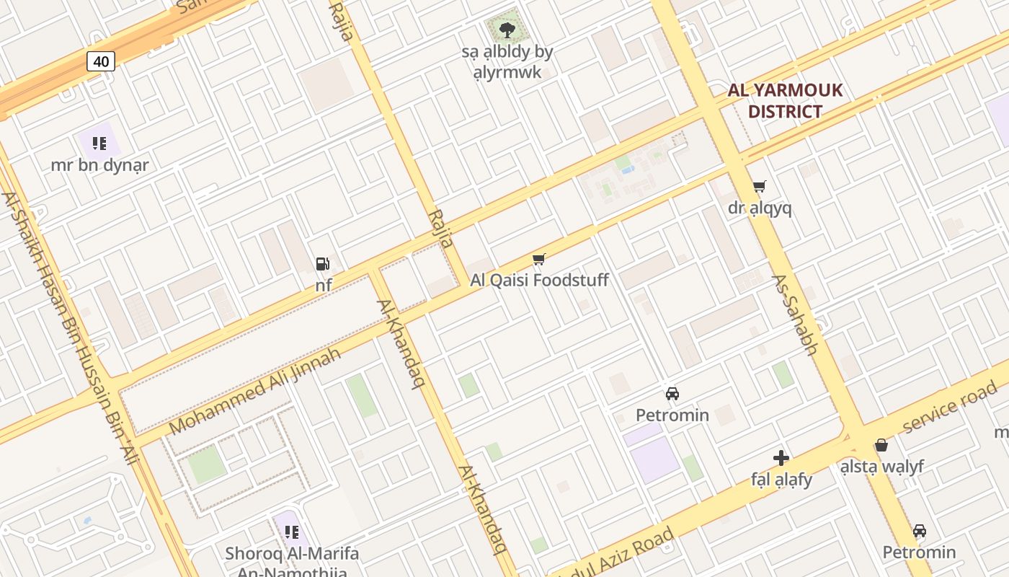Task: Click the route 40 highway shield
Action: point(101,61)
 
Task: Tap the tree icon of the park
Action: point(507,30)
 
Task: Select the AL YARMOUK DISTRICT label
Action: point(785,101)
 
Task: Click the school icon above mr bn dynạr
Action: point(99,143)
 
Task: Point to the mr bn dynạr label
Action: point(99,165)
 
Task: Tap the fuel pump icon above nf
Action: point(323,264)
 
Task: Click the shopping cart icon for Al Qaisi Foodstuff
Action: point(538,259)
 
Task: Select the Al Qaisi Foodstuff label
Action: point(539,280)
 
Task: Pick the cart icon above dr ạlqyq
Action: point(759,187)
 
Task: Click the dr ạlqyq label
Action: point(760,208)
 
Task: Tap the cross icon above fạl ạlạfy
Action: point(781,458)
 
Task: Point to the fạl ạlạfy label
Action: point(781,480)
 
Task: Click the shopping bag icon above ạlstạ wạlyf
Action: point(881,445)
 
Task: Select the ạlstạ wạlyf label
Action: point(881,467)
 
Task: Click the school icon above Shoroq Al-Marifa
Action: point(291,532)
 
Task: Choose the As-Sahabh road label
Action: point(795,314)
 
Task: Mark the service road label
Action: point(949,408)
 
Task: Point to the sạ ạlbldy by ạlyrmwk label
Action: point(507,61)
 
